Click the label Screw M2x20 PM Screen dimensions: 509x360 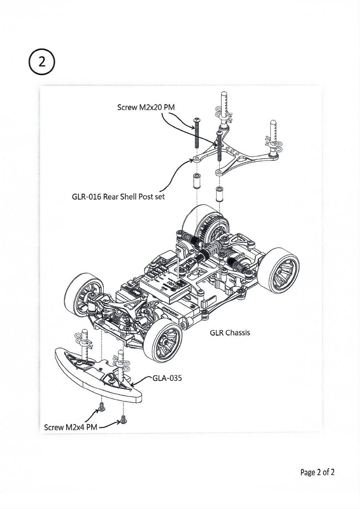(145, 108)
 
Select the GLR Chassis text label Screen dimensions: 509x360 (229, 332)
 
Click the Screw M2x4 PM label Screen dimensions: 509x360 (71, 426)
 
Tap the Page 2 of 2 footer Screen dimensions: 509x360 (317, 472)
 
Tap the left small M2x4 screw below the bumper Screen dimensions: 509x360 (102, 407)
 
